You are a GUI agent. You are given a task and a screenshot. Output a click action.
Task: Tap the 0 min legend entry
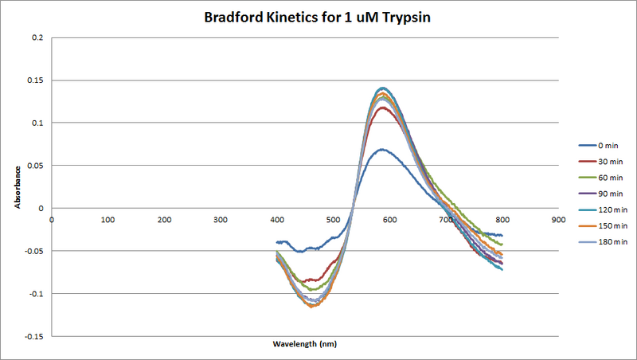pos(608,145)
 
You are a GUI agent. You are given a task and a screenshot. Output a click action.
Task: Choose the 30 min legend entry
pos(609,161)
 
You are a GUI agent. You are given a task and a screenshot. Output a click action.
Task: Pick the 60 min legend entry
pos(609,177)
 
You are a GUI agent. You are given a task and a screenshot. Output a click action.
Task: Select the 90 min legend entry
pos(609,193)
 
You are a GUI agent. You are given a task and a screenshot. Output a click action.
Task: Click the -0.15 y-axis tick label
pos(33,335)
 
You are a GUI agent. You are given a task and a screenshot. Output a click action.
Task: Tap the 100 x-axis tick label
pos(107,219)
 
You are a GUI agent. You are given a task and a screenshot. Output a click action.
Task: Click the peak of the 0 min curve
pos(382,149)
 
